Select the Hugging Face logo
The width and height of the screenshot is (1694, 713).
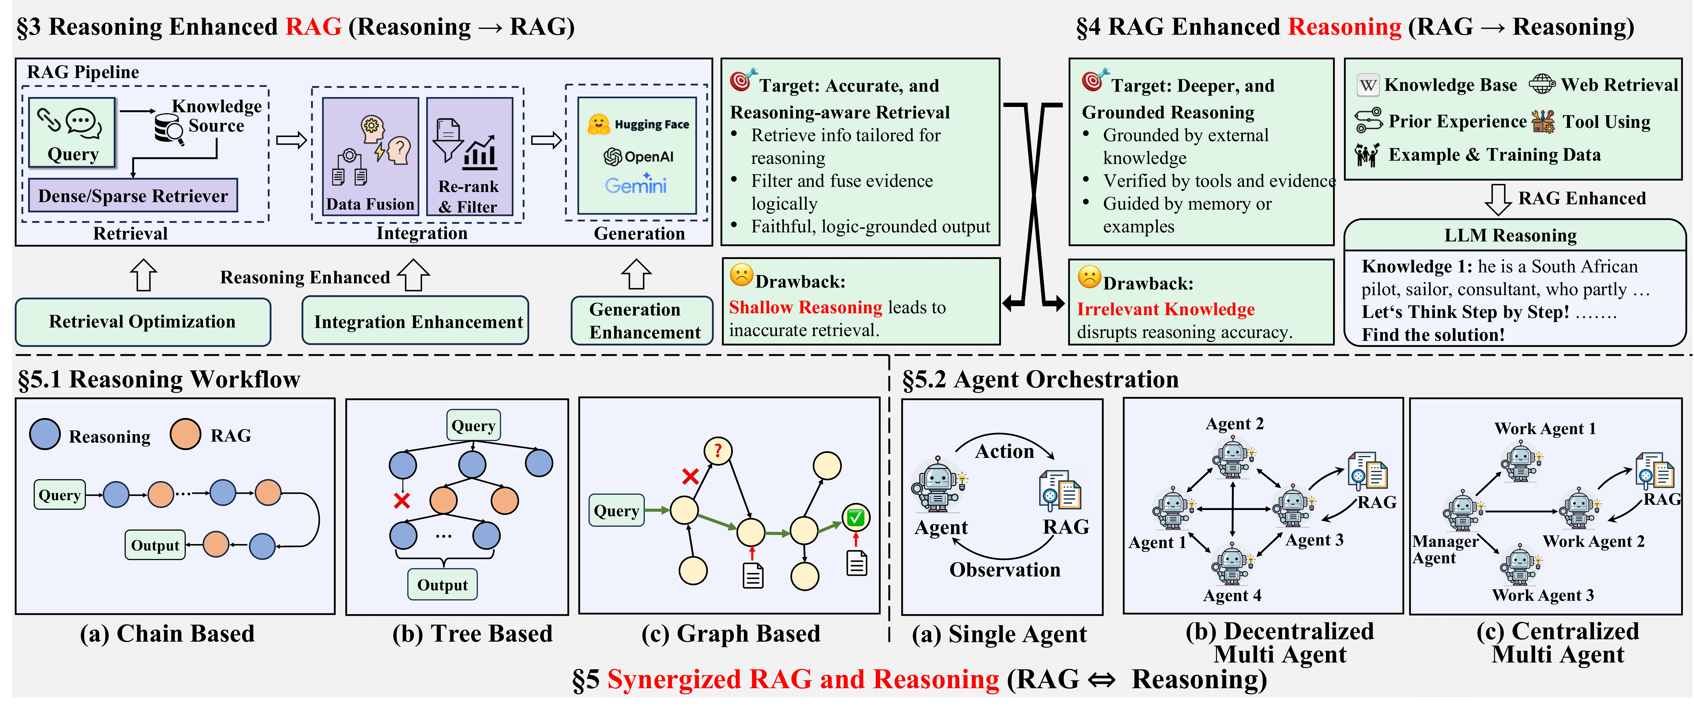click(x=599, y=124)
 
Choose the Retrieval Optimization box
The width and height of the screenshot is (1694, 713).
click(x=143, y=321)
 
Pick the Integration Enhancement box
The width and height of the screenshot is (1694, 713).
click(x=416, y=321)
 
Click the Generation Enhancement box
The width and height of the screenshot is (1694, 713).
click(x=643, y=321)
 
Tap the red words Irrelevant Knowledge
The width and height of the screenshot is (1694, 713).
click(x=1165, y=309)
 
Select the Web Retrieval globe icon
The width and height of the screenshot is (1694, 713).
click(x=1541, y=84)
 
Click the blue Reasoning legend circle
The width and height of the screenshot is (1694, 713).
click(x=45, y=434)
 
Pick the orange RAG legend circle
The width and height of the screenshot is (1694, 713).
click(x=185, y=434)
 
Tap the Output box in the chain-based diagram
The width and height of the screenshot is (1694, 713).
click(x=155, y=545)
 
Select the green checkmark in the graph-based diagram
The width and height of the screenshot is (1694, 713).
click(x=855, y=518)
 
